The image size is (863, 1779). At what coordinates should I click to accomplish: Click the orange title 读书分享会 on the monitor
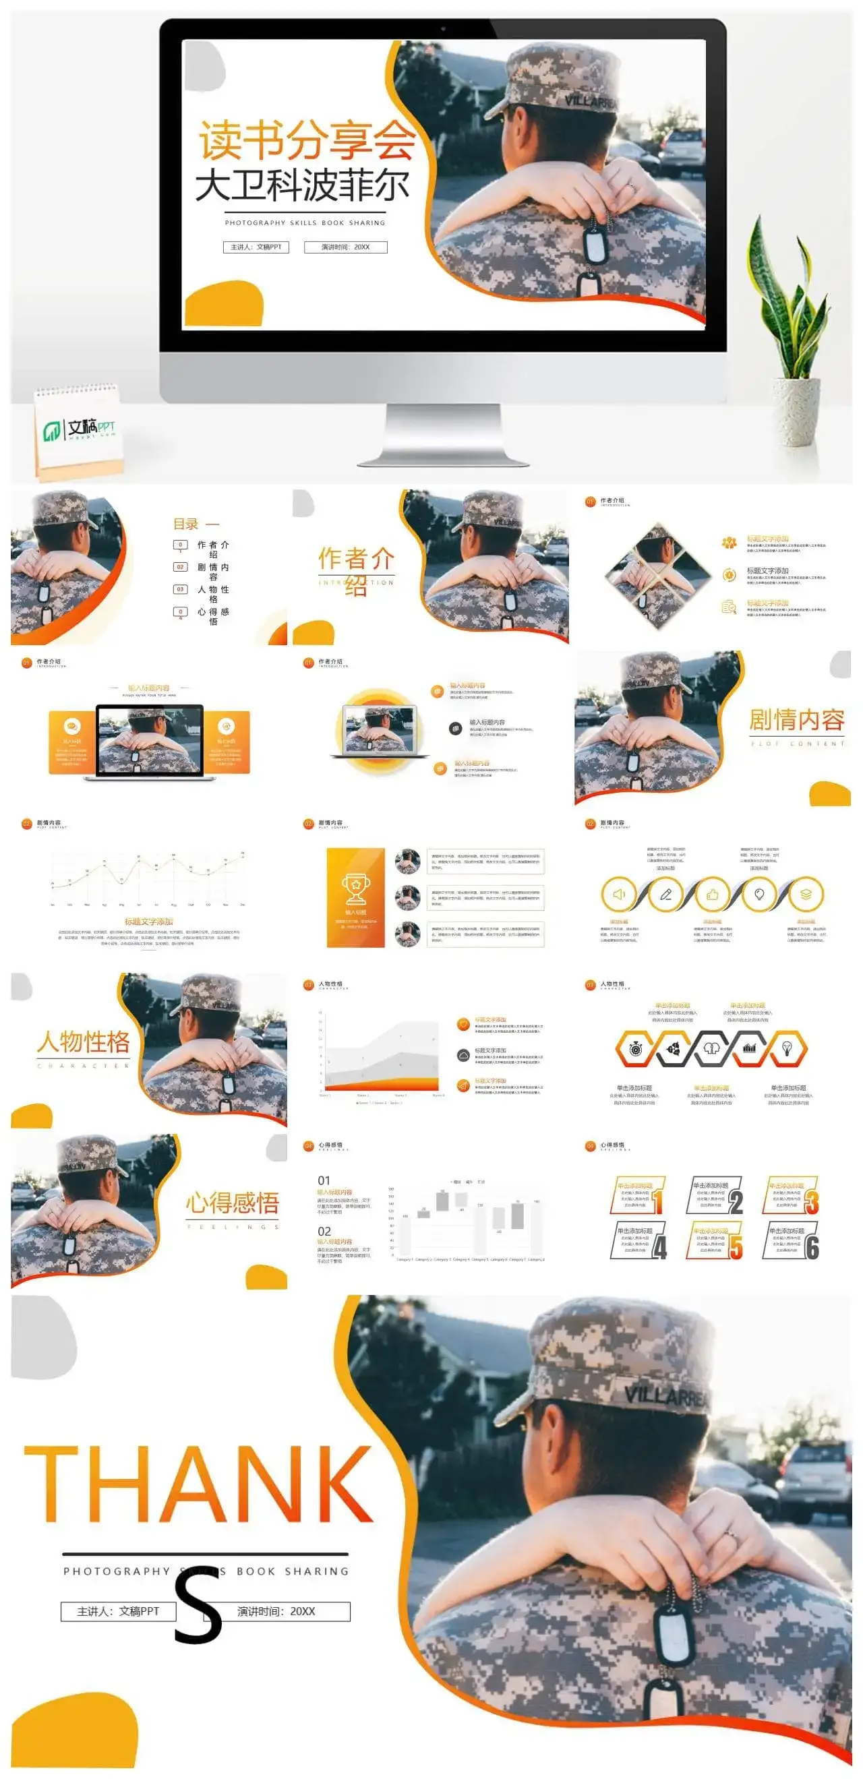[x=307, y=140]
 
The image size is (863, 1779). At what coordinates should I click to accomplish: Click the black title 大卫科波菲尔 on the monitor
[x=303, y=185]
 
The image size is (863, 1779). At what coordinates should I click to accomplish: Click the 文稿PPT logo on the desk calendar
[x=80, y=429]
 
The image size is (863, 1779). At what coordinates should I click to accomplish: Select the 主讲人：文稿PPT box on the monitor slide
[x=256, y=247]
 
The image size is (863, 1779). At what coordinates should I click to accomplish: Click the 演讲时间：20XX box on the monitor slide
[x=345, y=247]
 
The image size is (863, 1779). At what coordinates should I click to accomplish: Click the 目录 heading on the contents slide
[x=186, y=524]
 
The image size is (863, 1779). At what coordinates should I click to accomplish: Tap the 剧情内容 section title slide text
[x=797, y=721]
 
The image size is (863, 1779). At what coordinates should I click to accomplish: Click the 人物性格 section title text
[x=84, y=1042]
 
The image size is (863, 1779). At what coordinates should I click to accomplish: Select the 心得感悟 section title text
[x=232, y=1203]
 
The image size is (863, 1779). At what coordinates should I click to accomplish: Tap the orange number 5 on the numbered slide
[x=736, y=1246]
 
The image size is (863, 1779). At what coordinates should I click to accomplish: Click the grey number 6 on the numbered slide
[x=812, y=1246]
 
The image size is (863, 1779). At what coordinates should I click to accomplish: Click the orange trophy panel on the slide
[x=355, y=897]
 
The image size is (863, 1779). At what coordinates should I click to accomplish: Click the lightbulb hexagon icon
[x=786, y=1048]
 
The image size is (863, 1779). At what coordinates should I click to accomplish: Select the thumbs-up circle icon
[x=713, y=895]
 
